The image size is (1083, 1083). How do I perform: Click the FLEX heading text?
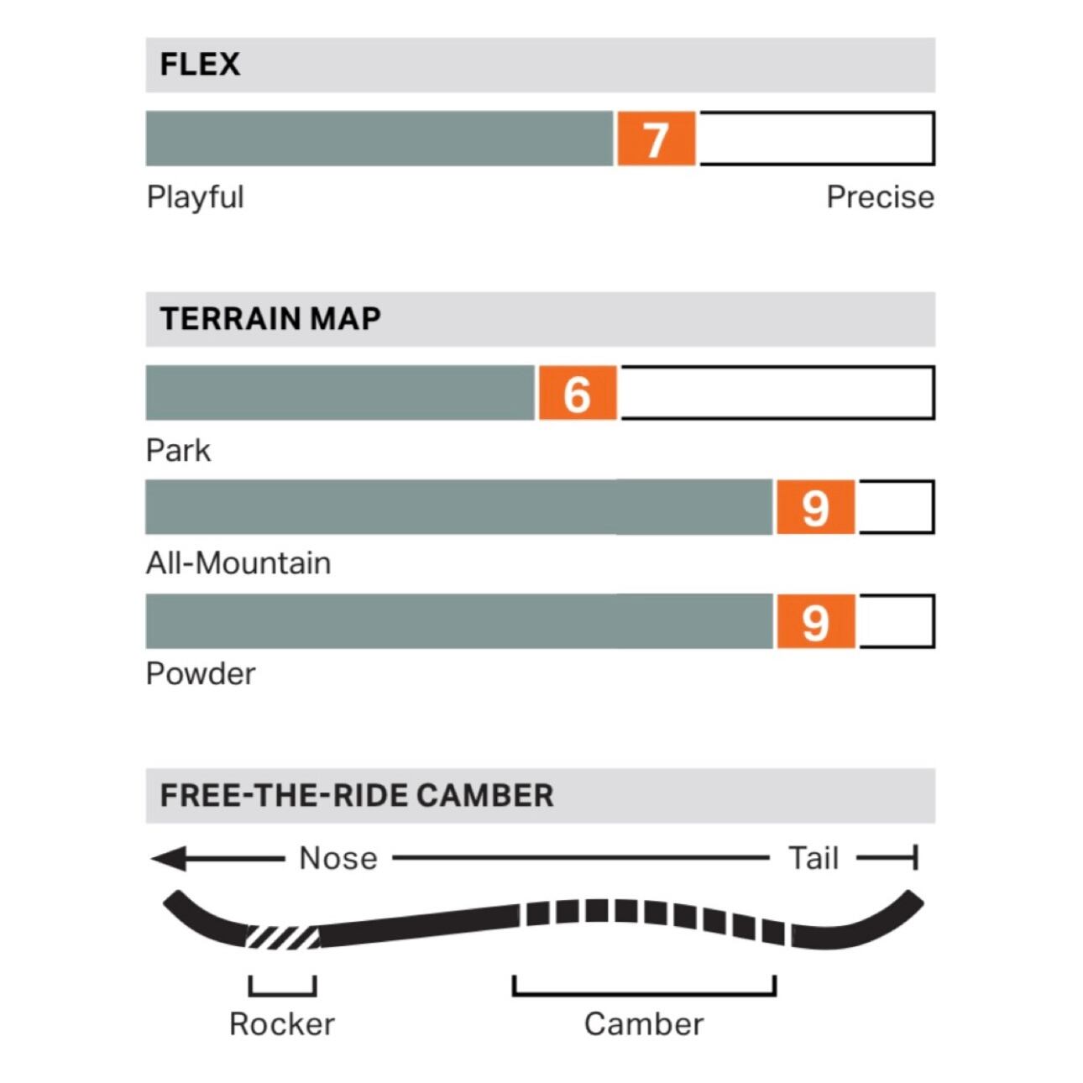coord(200,65)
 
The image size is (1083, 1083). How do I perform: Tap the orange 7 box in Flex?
coord(656,139)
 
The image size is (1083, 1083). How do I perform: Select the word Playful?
coord(195,197)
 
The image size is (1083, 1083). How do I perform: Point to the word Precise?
coord(880,197)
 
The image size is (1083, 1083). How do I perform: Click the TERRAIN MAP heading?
coord(270,319)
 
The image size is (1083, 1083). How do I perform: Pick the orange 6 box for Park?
coord(577,393)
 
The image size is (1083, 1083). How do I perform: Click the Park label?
coord(178,451)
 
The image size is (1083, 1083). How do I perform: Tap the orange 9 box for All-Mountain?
coord(815,507)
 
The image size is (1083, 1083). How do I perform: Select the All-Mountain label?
coord(238,562)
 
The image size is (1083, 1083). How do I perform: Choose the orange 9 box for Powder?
coord(815,621)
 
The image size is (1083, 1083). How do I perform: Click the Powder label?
coord(201,674)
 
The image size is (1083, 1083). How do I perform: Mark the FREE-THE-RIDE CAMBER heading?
coord(357,795)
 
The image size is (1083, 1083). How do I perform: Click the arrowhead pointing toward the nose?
coord(169,859)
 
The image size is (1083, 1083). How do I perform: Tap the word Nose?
coord(338,859)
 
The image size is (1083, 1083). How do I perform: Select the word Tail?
coord(814,859)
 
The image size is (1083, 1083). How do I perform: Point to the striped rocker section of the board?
coord(283,936)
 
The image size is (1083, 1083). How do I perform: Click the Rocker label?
coord(282,1024)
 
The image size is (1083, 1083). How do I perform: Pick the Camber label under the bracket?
coord(644,1024)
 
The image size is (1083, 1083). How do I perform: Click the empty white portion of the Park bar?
coord(777,393)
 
